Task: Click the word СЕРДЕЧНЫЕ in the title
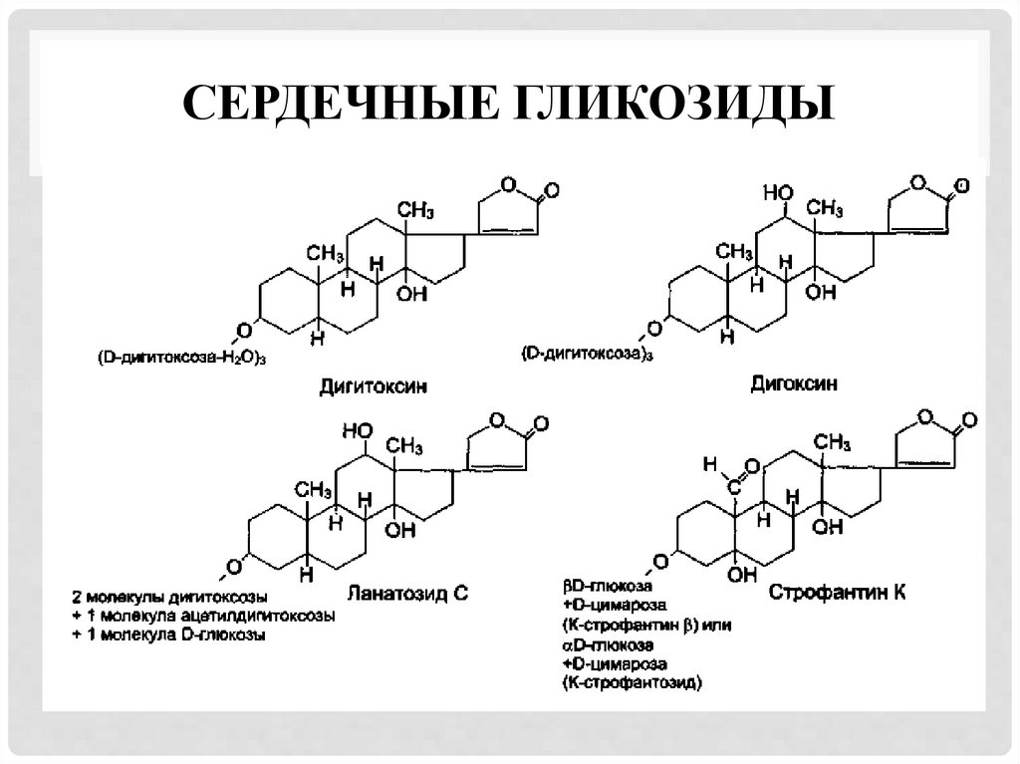(x=341, y=104)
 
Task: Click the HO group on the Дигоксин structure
(x=778, y=189)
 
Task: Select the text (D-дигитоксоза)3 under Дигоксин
(x=588, y=353)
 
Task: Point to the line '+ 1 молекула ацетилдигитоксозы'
(x=202, y=616)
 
